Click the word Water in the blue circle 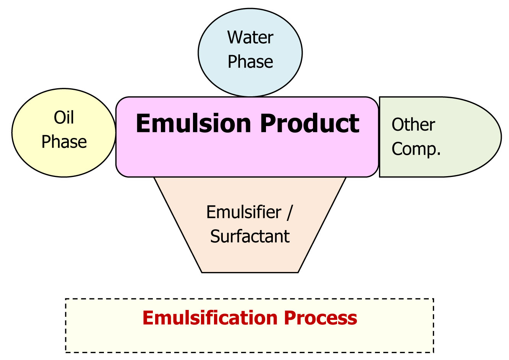pyautogui.click(x=250, y=37)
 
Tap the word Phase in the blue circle pyautogui.click(x=250, y=62)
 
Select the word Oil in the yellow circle pyautogui.click(x=64, y=117)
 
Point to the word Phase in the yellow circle pyautogui.click(x=64, y=141)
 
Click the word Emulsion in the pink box pyautogui.click(x=193, y=123)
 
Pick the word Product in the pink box pyautogui.click(x=310, y=123)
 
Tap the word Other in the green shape pyautogui.click(x=413, y=125)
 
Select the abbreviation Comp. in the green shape pyautogui.click(x=416, y=149)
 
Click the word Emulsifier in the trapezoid pyautogui.click(x=244, y=212)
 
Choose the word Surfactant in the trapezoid pyautogui.click(x=250, y=236)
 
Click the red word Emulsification pyautogui.click(x=210, y=318)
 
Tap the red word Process pyautogui.click(x=320, y=318)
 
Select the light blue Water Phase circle pyautogui.click(x=250, y=53)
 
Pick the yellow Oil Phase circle pyautogui.click(x=64, y=133)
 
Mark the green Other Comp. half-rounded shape pyautogui.click(x=440, y=137)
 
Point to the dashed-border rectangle pyautogui.click(x=250, y=326)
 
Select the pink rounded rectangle pyautogui.click(x=247, y=137)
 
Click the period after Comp pyautogui.click(x=439, y=154)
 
